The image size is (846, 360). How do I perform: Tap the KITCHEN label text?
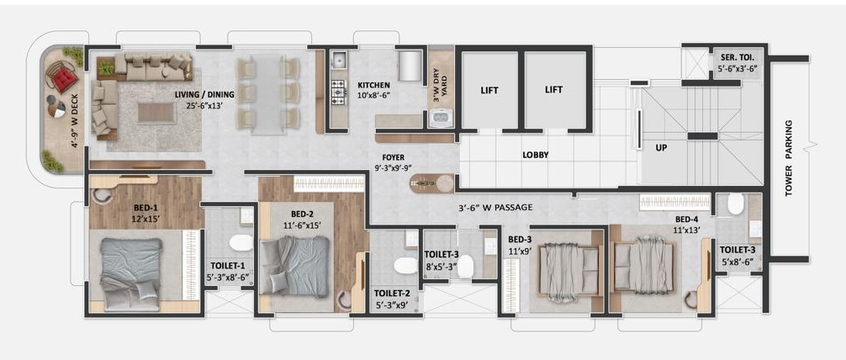374,86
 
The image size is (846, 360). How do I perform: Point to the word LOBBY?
536,156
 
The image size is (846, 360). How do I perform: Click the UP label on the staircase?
661,146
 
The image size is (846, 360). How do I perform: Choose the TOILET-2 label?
392,294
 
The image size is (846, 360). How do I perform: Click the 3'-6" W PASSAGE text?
495,207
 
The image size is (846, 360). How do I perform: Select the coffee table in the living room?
156,112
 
